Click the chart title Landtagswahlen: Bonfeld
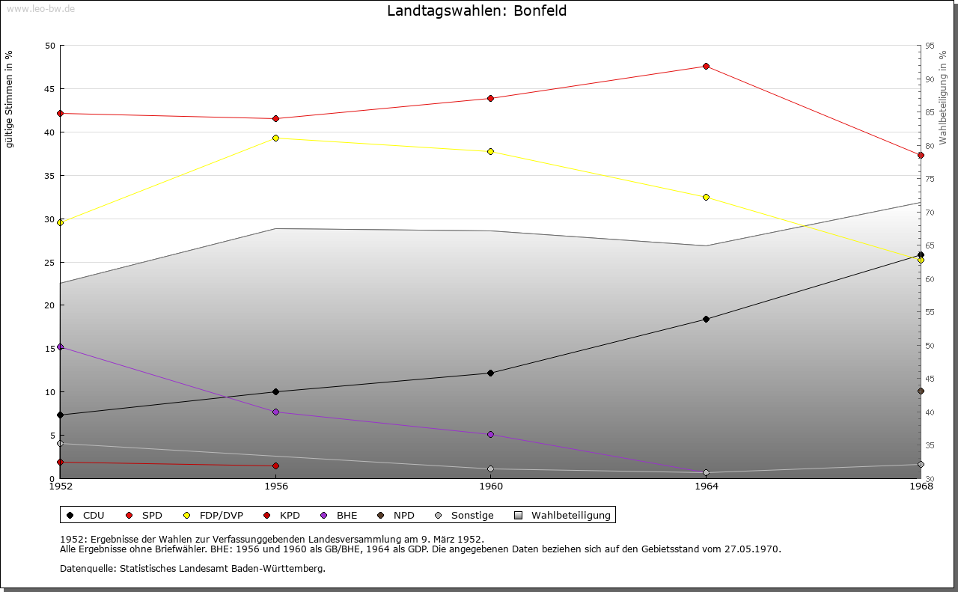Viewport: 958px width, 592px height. click(477, 11)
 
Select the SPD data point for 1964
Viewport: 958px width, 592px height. click(706, 67)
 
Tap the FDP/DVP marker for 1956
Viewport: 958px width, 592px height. click(276, 138)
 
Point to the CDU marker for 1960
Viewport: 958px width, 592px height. click(490, 373)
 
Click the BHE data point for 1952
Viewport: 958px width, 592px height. click(61, 347)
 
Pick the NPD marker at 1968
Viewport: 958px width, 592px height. click(921, 391)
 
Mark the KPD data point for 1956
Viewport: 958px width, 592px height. click(276, 466)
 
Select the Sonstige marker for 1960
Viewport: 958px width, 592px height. click(490, 469)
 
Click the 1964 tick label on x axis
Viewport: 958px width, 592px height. click(706, 486)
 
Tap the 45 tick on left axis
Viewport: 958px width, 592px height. click(49, 89)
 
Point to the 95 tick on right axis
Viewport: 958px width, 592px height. click(929, 46)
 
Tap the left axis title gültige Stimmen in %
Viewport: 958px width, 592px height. click(10, 99)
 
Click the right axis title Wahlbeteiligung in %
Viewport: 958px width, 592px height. click(943, 98)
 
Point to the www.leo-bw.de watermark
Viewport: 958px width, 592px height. click(40, 7)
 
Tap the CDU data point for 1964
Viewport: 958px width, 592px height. click(706, 319)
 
